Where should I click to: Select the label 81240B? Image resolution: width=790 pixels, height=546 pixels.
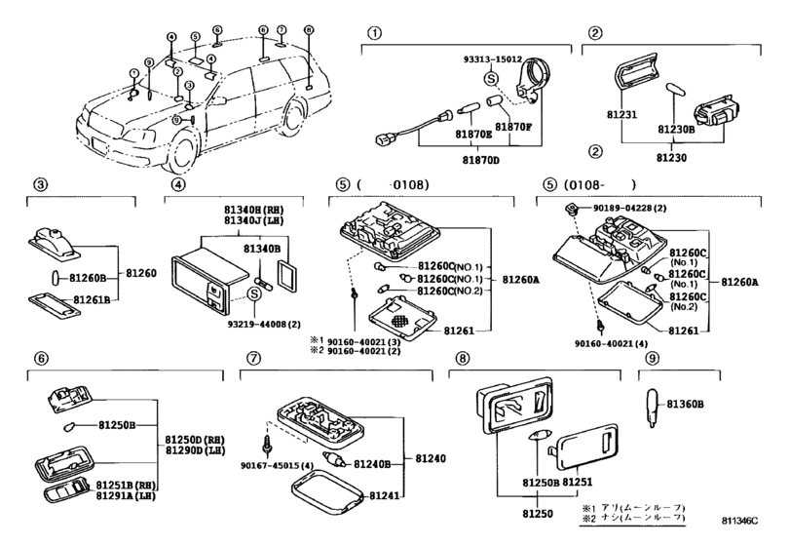[x=370, y=466]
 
